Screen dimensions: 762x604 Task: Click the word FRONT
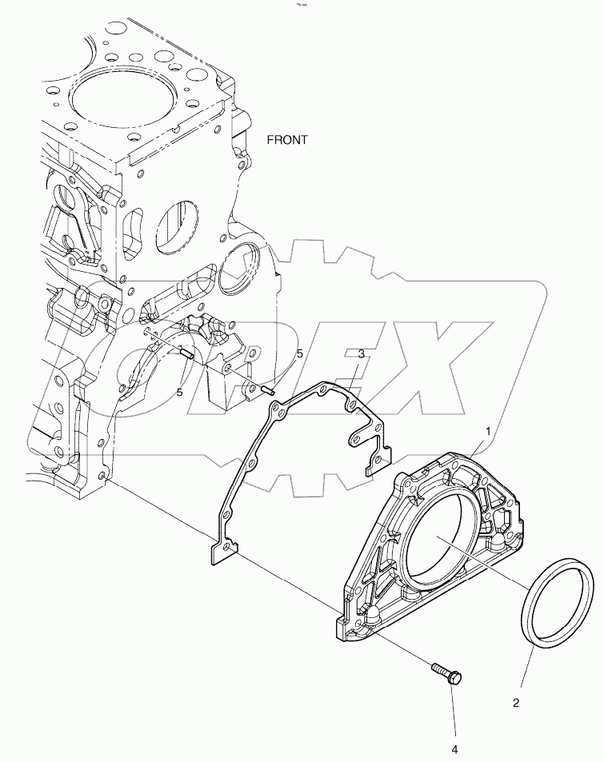pos(287,139)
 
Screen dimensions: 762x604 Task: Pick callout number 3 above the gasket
pos(361,353)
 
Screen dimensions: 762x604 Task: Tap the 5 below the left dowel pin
pos(180,392)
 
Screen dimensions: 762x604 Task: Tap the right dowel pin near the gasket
pos(268,390)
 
